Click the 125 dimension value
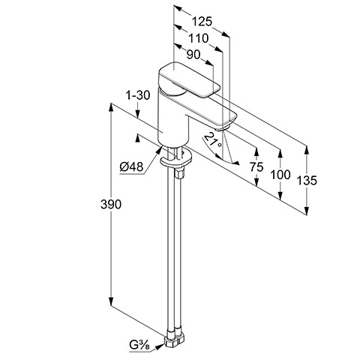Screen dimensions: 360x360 click(202, 22)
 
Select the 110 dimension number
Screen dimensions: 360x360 click(198, 38)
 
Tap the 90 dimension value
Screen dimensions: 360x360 click(193, 55)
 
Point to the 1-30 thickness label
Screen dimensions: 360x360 click(138, 95)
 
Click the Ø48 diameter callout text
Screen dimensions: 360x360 click(131, 166)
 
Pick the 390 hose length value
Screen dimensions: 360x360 click(111, 204)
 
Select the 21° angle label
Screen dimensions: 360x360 click(213, 141)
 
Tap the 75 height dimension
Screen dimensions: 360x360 click(256, 166)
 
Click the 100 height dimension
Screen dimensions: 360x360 click(280, 175)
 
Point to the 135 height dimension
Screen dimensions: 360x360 click(307, 181)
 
